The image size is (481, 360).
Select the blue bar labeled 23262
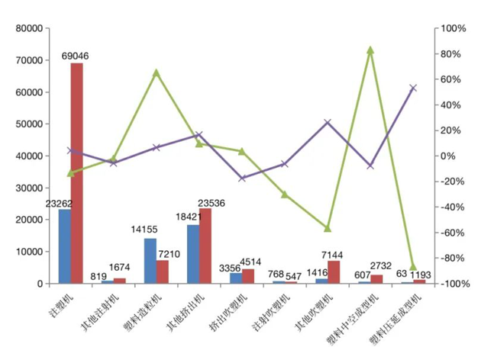pos(64,246)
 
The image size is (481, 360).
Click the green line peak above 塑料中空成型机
pos(370,50)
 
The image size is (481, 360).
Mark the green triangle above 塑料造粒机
pos(156,72)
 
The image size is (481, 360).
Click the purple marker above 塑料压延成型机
pos(413,88)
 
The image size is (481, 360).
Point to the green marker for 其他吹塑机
pos(328,228)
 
